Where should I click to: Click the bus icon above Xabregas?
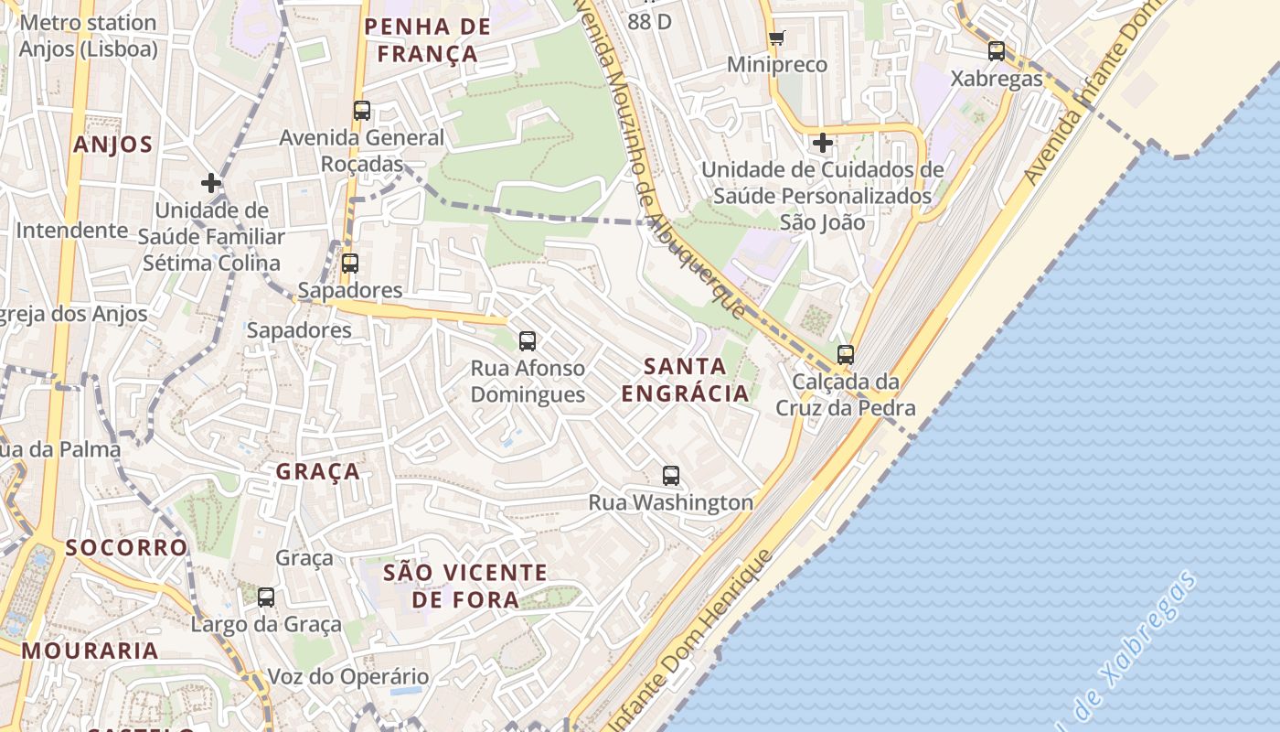(997, 51)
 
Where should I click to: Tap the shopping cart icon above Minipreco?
(777, 38)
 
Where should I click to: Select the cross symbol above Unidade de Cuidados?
(823, 143)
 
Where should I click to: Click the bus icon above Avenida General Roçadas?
(362, 111)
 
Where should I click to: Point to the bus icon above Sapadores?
(349, 264)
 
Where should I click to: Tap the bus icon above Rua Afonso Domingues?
(528, 341)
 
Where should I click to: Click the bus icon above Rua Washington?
(671, 476)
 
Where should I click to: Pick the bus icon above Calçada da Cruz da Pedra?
(846, 355)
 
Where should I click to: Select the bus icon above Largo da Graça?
(266, 597)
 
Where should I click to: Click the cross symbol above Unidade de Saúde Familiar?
(211, 183)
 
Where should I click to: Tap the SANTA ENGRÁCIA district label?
(685, 380)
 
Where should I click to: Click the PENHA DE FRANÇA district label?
(428, 40)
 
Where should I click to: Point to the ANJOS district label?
(113, 145)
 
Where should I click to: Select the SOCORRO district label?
(126, 547)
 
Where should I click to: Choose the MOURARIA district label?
(90, 651)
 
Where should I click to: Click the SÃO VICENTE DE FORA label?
(465, 587)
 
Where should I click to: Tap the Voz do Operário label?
(347, 677)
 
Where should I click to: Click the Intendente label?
(72, 230)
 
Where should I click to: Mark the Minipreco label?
(777, 65)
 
